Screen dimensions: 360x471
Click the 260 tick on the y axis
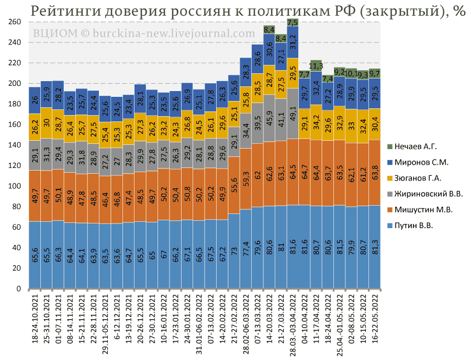click(14, 22)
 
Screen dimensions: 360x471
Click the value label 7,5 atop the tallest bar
click(293, 22)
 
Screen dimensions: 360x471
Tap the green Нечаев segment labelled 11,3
click(316, 66)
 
